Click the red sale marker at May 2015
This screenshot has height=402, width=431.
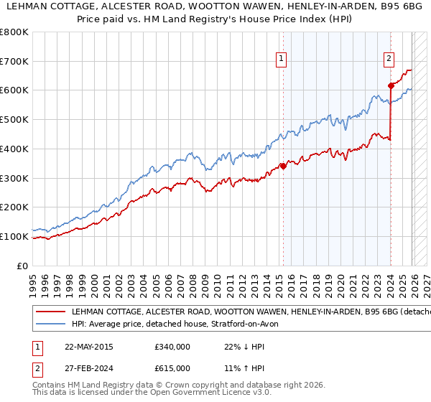coord(283,166)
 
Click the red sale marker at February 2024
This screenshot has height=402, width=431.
coord(391,85)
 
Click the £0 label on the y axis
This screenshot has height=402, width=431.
coord(22,266)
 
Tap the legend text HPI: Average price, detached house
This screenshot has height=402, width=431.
coord(180,324)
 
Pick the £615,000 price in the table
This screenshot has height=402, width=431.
coord(172,368)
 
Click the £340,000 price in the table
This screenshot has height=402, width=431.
coord(172,346)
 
